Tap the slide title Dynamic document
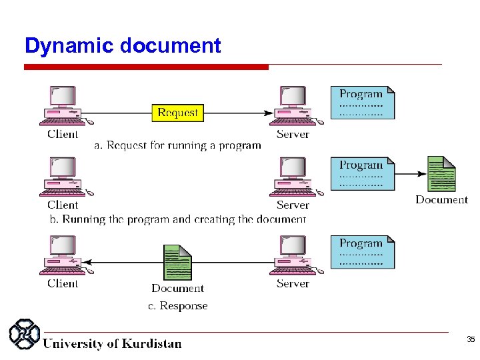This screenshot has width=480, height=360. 122,46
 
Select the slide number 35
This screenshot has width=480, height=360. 470,340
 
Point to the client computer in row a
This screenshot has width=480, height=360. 63,105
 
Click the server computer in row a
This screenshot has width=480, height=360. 293,105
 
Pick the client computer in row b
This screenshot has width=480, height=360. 63,177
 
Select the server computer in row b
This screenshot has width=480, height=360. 293,177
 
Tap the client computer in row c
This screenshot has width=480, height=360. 63,255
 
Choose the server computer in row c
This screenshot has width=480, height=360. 293,255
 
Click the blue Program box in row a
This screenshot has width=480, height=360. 363,103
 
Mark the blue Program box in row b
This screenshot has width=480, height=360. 363,173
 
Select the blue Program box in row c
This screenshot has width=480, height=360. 363,252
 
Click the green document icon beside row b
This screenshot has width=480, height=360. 441,174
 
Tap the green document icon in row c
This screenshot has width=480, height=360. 177,263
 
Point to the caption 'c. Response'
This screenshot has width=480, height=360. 177,306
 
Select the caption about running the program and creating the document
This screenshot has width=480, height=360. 178,219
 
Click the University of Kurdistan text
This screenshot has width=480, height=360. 112,344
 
